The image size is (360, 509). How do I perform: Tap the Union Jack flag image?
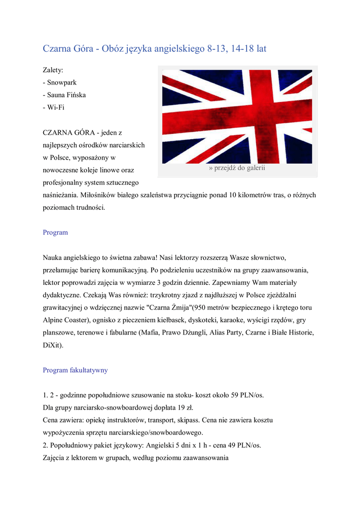tap(237, 117)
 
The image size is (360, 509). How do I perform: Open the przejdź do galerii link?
tap(237, 168)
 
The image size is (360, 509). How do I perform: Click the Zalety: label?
tap(53, 70)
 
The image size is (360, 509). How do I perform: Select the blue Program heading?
tap(55, 232)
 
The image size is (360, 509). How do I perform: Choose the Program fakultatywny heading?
tap(75, 370)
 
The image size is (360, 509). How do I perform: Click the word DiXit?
tap(53, 344)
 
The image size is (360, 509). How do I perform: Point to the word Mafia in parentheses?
tap(151, 332)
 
